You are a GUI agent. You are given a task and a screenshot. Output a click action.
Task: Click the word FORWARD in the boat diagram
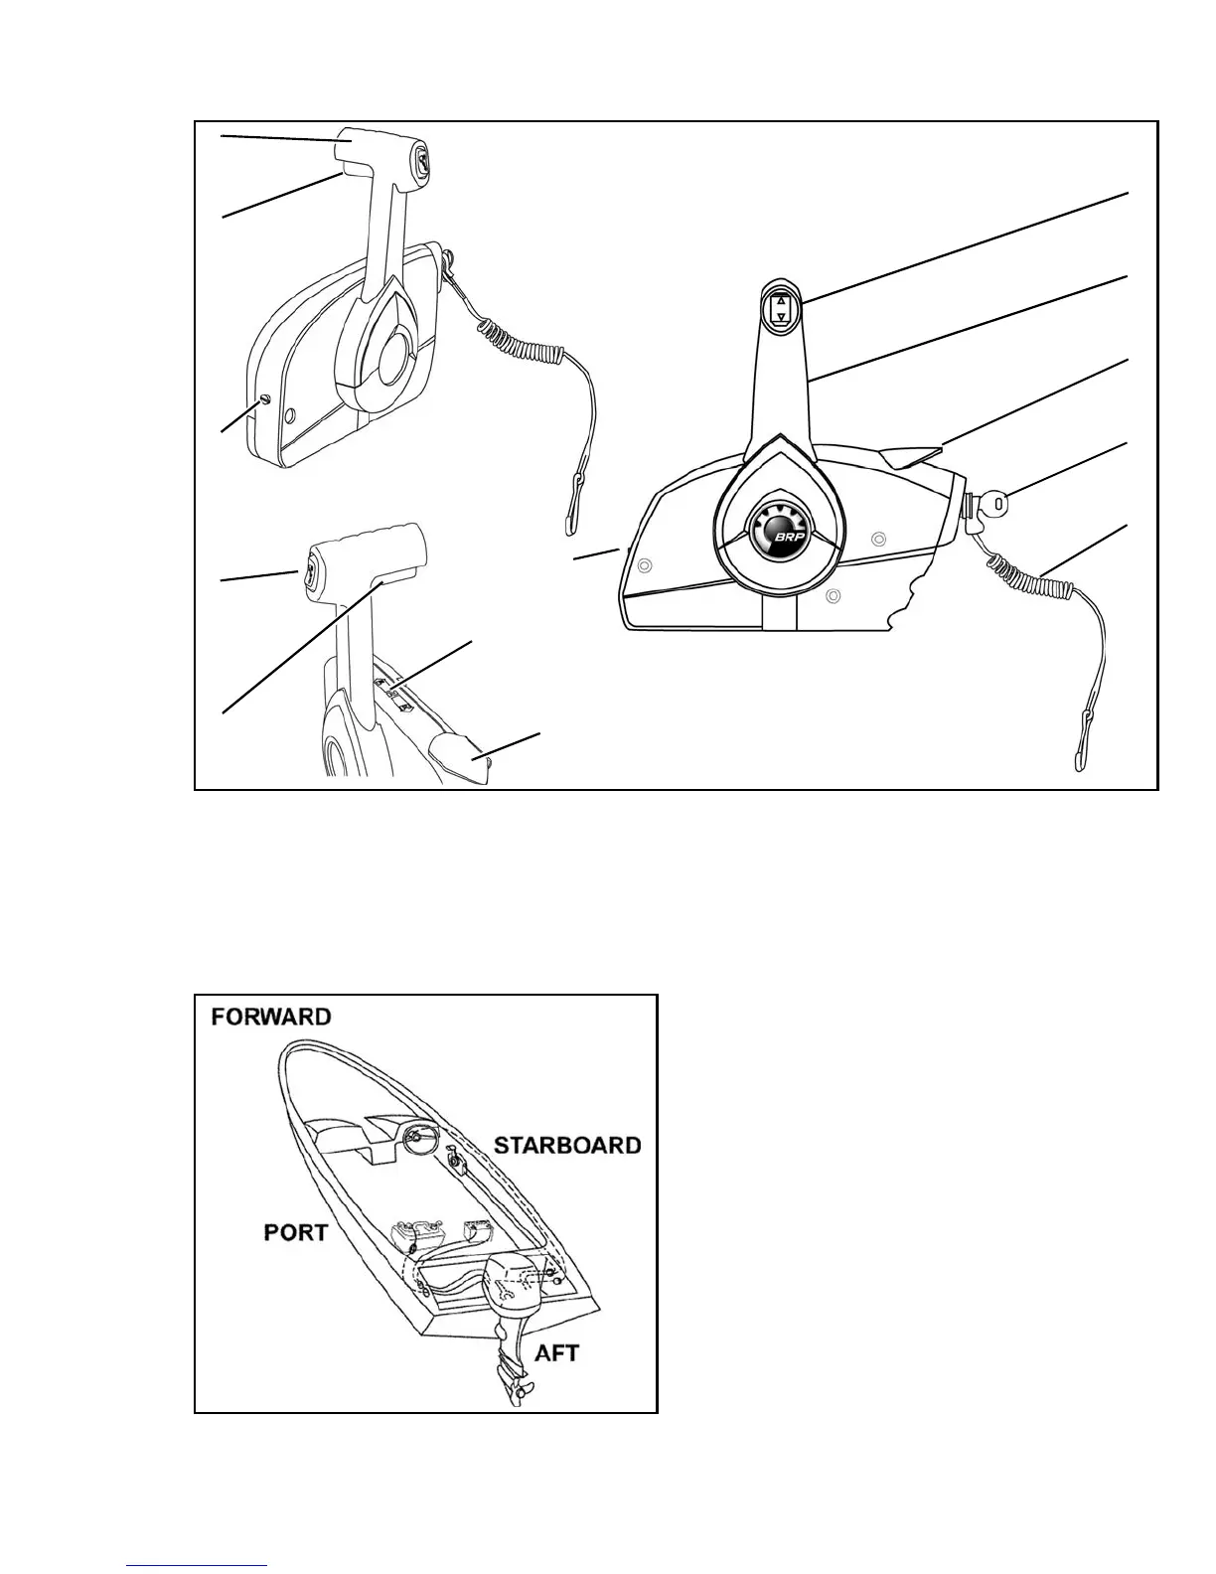coord(270,1018)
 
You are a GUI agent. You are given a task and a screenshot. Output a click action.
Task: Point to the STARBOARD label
coord(567,1145)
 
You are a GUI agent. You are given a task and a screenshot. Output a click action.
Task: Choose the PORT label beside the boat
coord(295,1232)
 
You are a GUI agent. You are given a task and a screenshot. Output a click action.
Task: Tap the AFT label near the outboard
coord(556,1352)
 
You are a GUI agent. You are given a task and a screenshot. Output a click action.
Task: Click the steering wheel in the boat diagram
coord(425,1136)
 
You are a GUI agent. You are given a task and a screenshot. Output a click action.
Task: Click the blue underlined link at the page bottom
coord(198,1566)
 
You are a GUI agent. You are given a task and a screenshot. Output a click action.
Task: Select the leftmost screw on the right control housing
coord(643,565)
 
